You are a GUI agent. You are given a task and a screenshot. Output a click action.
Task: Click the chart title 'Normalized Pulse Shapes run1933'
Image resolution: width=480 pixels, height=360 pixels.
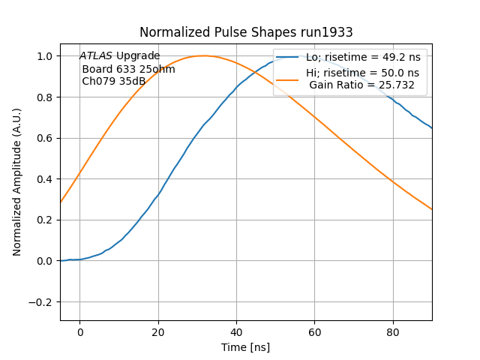[246, 32]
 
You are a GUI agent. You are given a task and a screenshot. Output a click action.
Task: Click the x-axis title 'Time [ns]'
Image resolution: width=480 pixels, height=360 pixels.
[246, 347]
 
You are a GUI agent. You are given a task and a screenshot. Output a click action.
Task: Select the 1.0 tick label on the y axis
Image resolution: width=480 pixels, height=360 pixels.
[46, 56]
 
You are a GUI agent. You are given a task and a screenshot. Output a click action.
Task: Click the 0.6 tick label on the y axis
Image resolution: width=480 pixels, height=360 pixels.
[46, 138]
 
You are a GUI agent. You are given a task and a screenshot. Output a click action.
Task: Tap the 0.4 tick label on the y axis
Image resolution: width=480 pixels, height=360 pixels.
[46, 179]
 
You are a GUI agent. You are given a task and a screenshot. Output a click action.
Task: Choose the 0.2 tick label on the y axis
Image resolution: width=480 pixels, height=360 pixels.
[46, 220]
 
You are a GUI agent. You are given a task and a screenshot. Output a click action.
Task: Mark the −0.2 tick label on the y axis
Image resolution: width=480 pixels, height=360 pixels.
[42, 302]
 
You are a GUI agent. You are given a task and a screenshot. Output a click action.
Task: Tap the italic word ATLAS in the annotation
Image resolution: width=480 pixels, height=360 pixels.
[96, 56]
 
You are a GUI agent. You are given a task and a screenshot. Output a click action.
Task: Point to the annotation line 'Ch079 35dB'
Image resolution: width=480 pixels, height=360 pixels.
[113, 81]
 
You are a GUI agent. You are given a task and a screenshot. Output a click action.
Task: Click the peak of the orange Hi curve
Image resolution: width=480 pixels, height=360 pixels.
[203, 55]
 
